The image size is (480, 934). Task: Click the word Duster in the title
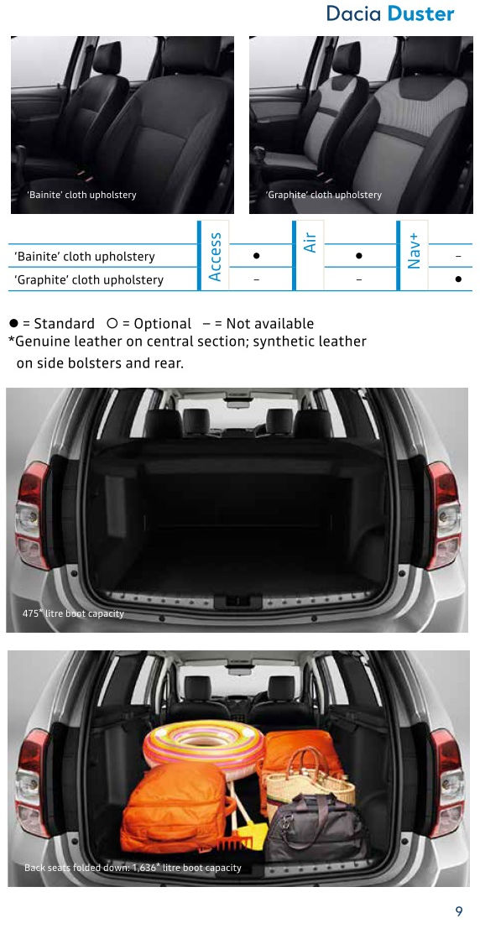click(421, 13)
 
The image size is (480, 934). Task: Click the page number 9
click(458, 911)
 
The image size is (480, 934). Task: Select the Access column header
click(215, 257)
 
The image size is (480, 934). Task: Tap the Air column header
click(310, 242)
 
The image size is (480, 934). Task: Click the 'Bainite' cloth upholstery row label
click(84, 257)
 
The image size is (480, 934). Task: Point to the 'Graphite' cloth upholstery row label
click(88, 280)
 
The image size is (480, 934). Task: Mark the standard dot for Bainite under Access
click(256, 256)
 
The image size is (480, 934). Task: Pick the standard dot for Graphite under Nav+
click(458, 279)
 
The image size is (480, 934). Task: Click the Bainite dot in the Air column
click(358, 256)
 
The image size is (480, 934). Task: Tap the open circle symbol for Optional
click(112, 323)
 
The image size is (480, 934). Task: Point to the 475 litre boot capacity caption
click(73, 613)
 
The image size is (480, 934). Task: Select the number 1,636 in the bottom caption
click(143, 868)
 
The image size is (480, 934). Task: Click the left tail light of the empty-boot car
click(32, 514)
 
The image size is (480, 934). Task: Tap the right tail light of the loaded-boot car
click(446, 781)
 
